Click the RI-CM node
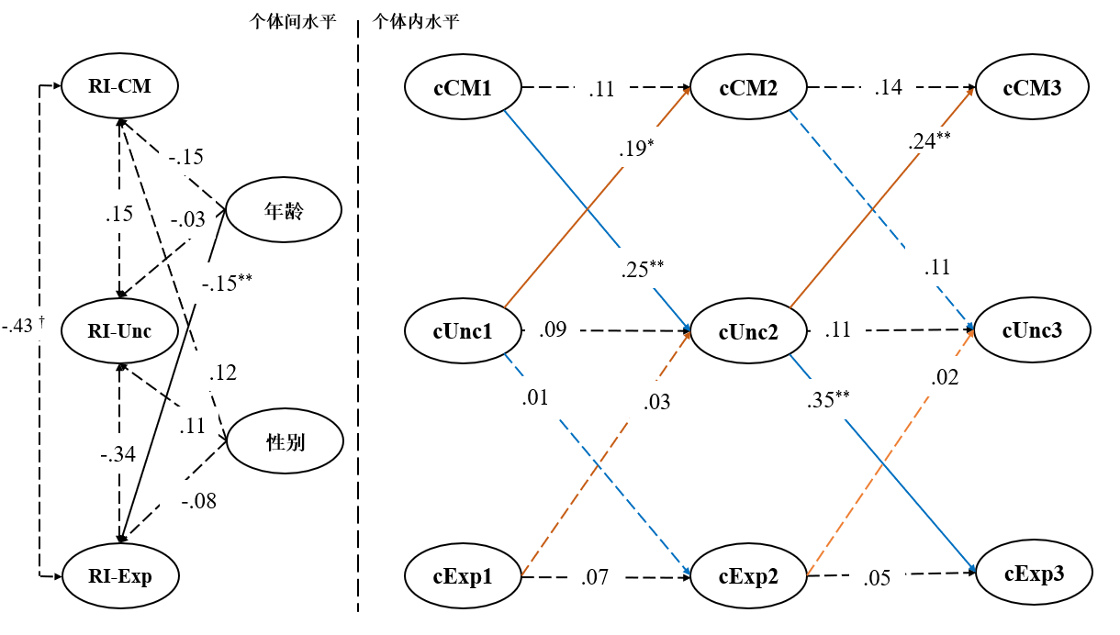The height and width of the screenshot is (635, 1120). click(119, 87)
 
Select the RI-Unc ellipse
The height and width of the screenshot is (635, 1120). click(119, 332)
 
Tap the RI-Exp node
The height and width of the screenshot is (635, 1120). click(119, 576)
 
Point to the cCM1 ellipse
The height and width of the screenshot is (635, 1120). click(463, 88)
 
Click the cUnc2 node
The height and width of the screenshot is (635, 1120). click(749, 332)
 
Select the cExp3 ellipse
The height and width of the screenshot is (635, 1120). click(1034, 574)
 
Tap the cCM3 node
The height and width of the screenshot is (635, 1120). click(1032, 88)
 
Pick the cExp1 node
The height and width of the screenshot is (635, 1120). click(463, 577)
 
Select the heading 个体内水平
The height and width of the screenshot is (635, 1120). click(416, 23)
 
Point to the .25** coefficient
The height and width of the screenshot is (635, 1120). click(643, 271)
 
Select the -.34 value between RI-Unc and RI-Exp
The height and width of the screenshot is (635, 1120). click(119, 454)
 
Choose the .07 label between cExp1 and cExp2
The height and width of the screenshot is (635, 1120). click(595, 578)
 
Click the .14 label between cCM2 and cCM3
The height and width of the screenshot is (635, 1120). click(888, 88)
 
